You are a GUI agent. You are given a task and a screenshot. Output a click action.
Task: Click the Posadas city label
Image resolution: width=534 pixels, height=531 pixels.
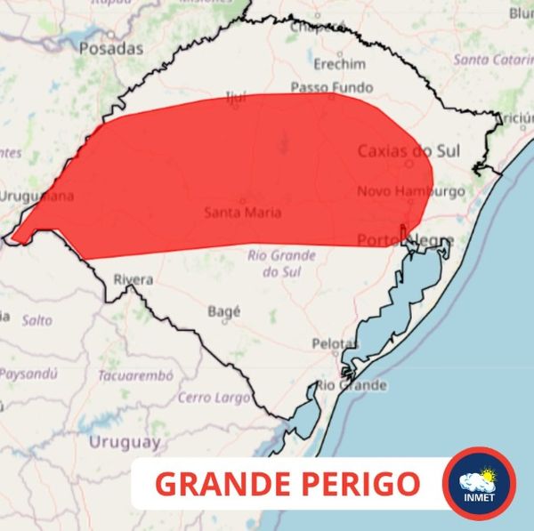110,49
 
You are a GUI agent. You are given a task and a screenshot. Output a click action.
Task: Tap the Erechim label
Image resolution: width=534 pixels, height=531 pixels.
339,64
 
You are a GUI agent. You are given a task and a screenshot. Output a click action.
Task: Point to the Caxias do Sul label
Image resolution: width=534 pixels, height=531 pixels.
409,151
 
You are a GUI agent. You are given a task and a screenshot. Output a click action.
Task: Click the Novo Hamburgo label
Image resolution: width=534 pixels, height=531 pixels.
411,191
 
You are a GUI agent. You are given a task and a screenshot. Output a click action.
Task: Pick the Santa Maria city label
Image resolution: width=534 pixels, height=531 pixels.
243,213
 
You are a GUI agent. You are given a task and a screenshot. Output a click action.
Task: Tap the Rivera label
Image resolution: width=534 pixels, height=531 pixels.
133,280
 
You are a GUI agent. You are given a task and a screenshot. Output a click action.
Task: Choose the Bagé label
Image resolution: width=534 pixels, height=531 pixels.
223,311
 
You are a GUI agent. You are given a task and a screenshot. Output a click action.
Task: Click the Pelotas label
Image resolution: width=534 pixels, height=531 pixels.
334,343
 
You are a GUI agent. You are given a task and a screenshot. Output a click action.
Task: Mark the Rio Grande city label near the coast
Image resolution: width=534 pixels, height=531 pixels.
352,385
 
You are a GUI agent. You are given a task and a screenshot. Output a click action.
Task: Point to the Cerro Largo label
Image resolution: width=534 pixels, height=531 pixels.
214,397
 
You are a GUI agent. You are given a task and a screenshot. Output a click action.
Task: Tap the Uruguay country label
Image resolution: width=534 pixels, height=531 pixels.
125,441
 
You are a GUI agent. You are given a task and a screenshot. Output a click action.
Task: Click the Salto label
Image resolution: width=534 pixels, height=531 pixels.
36,319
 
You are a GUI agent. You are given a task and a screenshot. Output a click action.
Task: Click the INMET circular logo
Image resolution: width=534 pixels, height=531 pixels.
479,484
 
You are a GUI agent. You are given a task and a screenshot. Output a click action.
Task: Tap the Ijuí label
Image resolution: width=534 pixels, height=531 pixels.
235,97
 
